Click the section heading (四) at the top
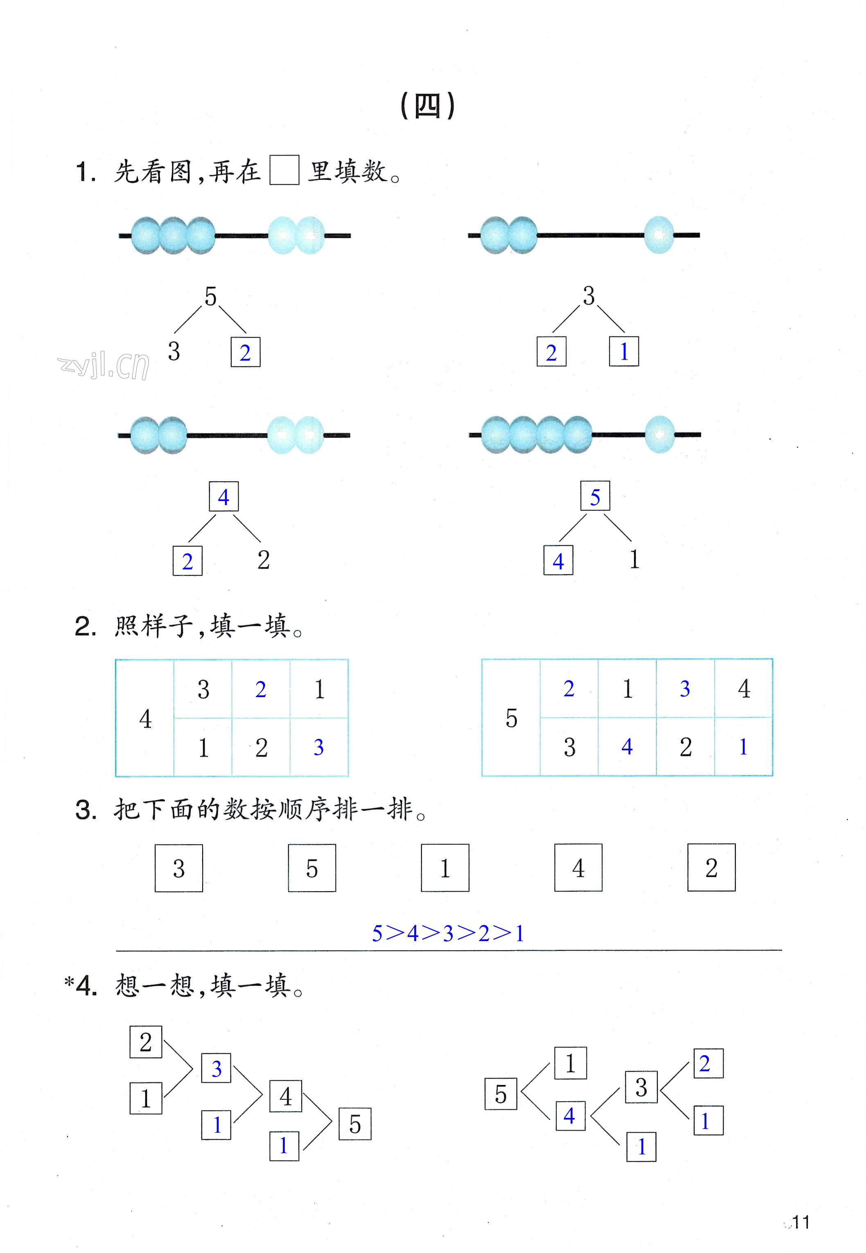[x=427, y=106]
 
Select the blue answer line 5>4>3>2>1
[x=448, y=933]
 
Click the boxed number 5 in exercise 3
[x=312, y=868]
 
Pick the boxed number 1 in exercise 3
[x=445, y=868]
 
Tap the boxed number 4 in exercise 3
[x=578, y=868]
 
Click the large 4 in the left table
[x=145, y=719]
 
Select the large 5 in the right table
[x=511, y=718]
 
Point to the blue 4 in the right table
[x=627, y=747]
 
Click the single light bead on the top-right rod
[x=659, y=235]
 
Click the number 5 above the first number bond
[x=210, y=297]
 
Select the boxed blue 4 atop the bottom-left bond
[x=223, y=497]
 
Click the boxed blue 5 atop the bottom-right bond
[x=595, y=497]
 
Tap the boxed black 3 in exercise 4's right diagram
[x=641, y=1087]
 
